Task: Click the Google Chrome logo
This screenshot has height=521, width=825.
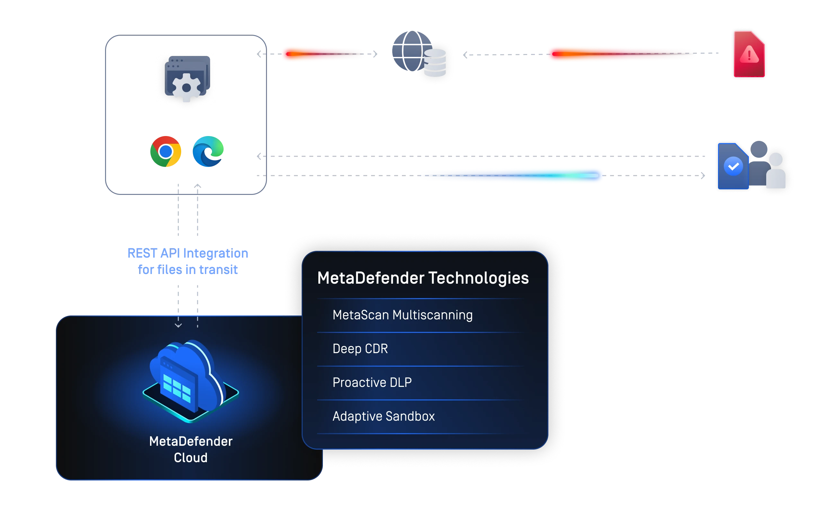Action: click(166, 151)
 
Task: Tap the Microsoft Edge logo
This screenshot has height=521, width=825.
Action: click(208, 151)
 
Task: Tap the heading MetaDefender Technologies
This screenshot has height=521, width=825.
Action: click(423, 278)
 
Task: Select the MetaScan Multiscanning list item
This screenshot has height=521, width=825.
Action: click(402, 315)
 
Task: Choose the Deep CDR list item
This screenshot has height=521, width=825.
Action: click(360, 349)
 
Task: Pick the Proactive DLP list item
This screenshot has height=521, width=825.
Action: click(372, 382)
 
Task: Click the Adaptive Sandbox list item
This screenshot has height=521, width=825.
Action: click(383, 416)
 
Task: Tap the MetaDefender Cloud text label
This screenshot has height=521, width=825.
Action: click(191, 449)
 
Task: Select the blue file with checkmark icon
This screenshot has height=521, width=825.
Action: click(733, 166)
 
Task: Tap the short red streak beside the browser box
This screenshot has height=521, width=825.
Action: click(322, 54)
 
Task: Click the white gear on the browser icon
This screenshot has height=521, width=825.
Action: click(186, 88)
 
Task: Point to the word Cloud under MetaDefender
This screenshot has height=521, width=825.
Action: click(191, 458)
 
